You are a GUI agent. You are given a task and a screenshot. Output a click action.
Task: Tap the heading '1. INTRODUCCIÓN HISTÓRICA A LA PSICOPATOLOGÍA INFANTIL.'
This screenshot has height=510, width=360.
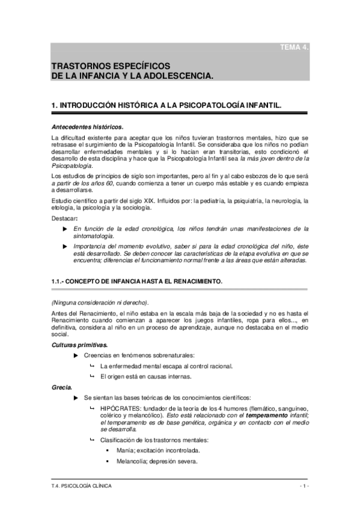pyautogui.click(x=182, y=105)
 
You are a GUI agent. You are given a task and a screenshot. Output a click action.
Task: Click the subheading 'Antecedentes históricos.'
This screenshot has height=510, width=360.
pyautogui.click(x=87, y=127)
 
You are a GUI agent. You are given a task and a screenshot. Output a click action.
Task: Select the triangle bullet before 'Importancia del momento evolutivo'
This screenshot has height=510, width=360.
pyautogui.click(x=66, y=247)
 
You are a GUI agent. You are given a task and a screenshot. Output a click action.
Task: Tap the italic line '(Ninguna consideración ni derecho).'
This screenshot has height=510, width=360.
pyautogui.click(x=99, y=302)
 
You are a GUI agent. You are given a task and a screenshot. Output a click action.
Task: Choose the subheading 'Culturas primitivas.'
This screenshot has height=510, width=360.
pyautogui.click(x=80, y=345)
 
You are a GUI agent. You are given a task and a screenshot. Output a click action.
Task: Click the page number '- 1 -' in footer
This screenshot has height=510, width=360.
pyautogui.click(x=303, y=485)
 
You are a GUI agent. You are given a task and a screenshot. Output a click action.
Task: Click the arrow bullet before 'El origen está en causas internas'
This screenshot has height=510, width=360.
pyautogui.click(x=92, y=376)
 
